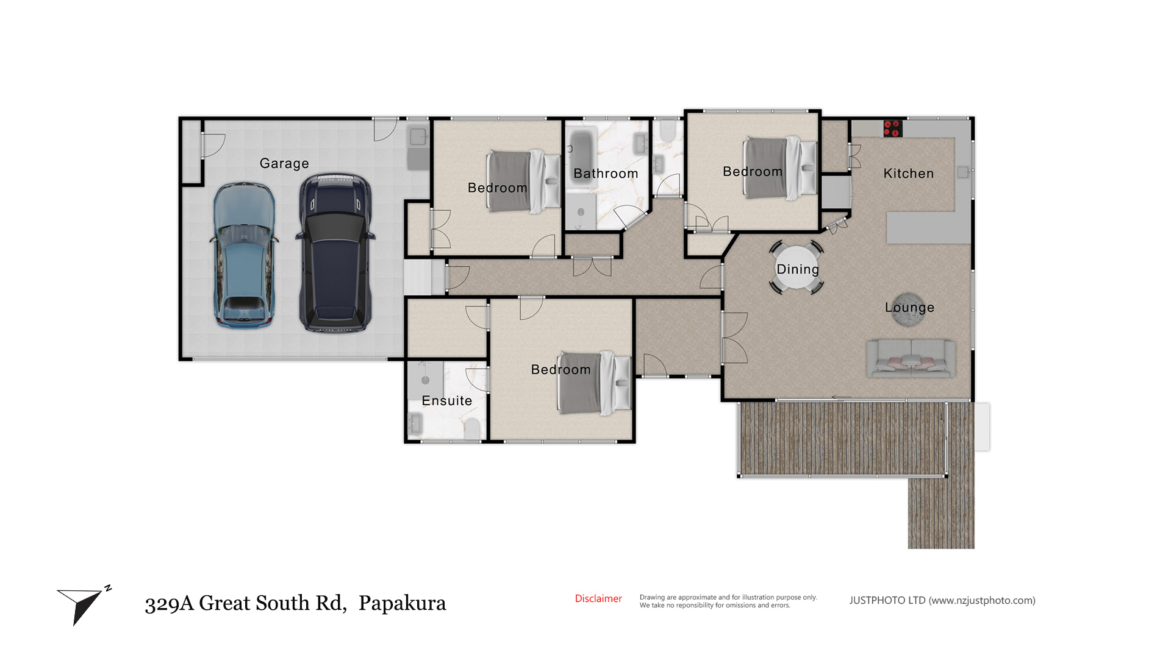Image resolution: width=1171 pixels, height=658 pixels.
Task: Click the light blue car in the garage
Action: [244, 255]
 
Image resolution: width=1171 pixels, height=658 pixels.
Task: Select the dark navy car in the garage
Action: [335, 253]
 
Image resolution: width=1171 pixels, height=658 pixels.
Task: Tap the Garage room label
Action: [284, 164]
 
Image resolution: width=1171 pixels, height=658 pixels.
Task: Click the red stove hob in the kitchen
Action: [892, 128]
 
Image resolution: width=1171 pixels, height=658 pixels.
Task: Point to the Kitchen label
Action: [909, 174]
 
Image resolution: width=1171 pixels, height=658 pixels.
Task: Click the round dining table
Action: [797, 268]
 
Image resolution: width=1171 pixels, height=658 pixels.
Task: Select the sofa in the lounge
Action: [911, 358]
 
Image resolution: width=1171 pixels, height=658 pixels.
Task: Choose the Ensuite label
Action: [447, 401]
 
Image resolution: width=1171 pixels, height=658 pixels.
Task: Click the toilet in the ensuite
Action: [471, 428]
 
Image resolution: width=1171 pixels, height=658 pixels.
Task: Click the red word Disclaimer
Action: [598, 599]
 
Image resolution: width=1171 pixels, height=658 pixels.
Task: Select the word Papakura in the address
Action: [402, 603]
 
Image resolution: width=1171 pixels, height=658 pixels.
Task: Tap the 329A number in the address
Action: [169, 603]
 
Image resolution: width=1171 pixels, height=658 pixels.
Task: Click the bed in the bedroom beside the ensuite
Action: [595, 383]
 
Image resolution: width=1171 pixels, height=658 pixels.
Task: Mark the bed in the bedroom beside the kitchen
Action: [779, 168]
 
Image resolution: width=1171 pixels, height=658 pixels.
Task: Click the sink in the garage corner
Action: [418, 137]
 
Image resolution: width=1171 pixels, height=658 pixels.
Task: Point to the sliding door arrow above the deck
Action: [842, 398]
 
